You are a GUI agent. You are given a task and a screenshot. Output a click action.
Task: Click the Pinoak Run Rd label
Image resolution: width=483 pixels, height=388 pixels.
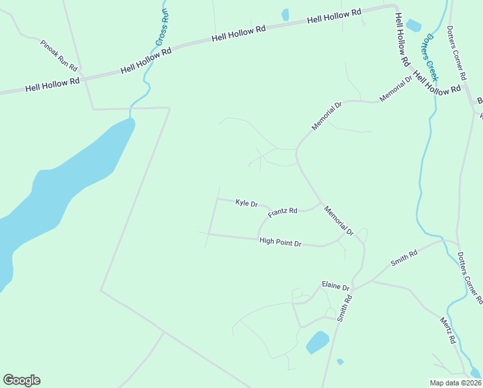59,56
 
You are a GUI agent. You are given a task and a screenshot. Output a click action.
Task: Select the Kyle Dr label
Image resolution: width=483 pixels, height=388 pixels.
247,203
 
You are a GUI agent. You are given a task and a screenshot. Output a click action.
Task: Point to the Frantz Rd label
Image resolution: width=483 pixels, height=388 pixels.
282,211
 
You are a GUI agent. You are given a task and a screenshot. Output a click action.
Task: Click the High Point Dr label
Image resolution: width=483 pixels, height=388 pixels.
280,242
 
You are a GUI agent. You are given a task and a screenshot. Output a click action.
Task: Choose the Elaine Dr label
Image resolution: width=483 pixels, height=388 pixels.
336,285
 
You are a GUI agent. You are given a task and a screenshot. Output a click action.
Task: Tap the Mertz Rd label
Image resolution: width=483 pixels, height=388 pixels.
448,330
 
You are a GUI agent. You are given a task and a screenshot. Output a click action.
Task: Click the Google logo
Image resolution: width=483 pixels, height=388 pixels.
21,380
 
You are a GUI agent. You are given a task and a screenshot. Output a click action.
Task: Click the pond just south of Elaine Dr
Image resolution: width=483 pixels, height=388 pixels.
317,342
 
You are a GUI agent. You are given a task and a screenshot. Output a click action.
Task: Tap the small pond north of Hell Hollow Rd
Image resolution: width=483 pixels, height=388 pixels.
285,14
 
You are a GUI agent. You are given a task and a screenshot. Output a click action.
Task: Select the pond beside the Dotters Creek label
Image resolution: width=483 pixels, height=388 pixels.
413,26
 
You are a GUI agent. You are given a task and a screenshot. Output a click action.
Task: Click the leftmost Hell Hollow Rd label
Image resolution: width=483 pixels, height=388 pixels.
52,84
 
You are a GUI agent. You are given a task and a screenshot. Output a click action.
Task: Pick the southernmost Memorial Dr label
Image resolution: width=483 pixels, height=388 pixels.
340,221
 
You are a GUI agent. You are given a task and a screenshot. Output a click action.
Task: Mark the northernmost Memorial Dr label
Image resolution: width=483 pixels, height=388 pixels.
396,89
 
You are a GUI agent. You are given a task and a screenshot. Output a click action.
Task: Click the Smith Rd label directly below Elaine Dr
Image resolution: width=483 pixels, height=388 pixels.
347,308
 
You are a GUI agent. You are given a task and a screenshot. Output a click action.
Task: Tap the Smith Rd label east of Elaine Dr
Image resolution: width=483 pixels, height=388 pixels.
404,259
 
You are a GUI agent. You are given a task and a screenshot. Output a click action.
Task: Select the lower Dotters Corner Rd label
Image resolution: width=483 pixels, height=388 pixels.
469,278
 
